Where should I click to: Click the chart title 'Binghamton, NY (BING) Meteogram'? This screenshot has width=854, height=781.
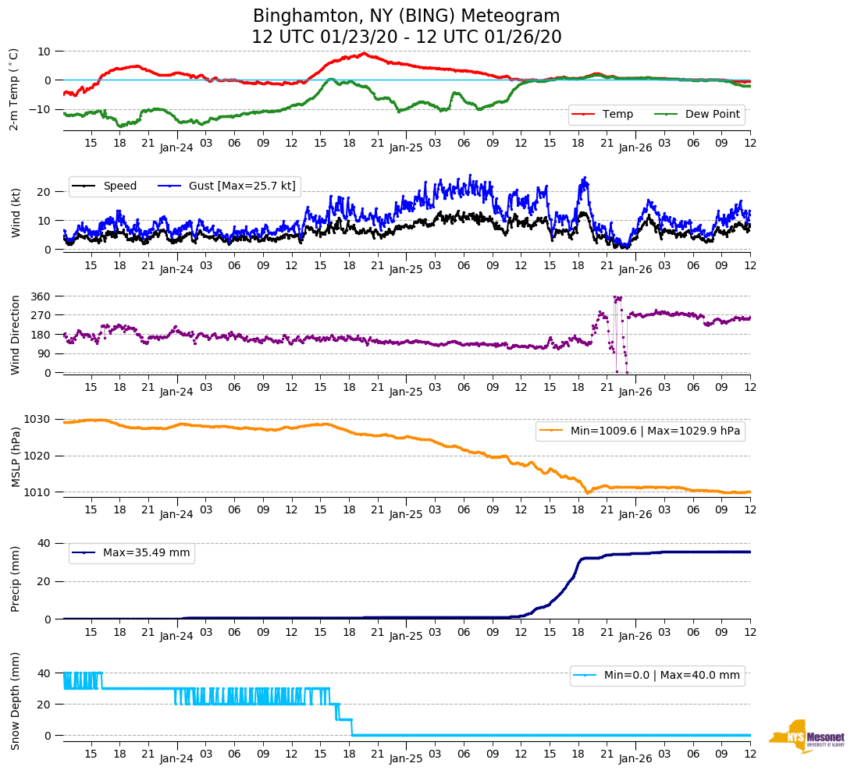tap(406, 16)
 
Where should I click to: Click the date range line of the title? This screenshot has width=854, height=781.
tap(406, 37)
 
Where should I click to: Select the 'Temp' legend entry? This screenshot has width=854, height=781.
tap(617, 114)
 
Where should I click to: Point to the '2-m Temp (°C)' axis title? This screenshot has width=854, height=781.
tap(13, 88)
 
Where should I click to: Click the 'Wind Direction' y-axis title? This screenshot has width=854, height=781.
tap(16, 335)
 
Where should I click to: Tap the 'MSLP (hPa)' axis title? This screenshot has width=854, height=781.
tap(16, 456)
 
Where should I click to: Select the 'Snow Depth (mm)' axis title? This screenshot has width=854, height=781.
tap(16, 701)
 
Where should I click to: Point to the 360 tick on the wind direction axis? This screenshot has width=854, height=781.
tap(41, 296)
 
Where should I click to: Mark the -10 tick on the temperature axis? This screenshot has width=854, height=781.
tap(39, 109)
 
